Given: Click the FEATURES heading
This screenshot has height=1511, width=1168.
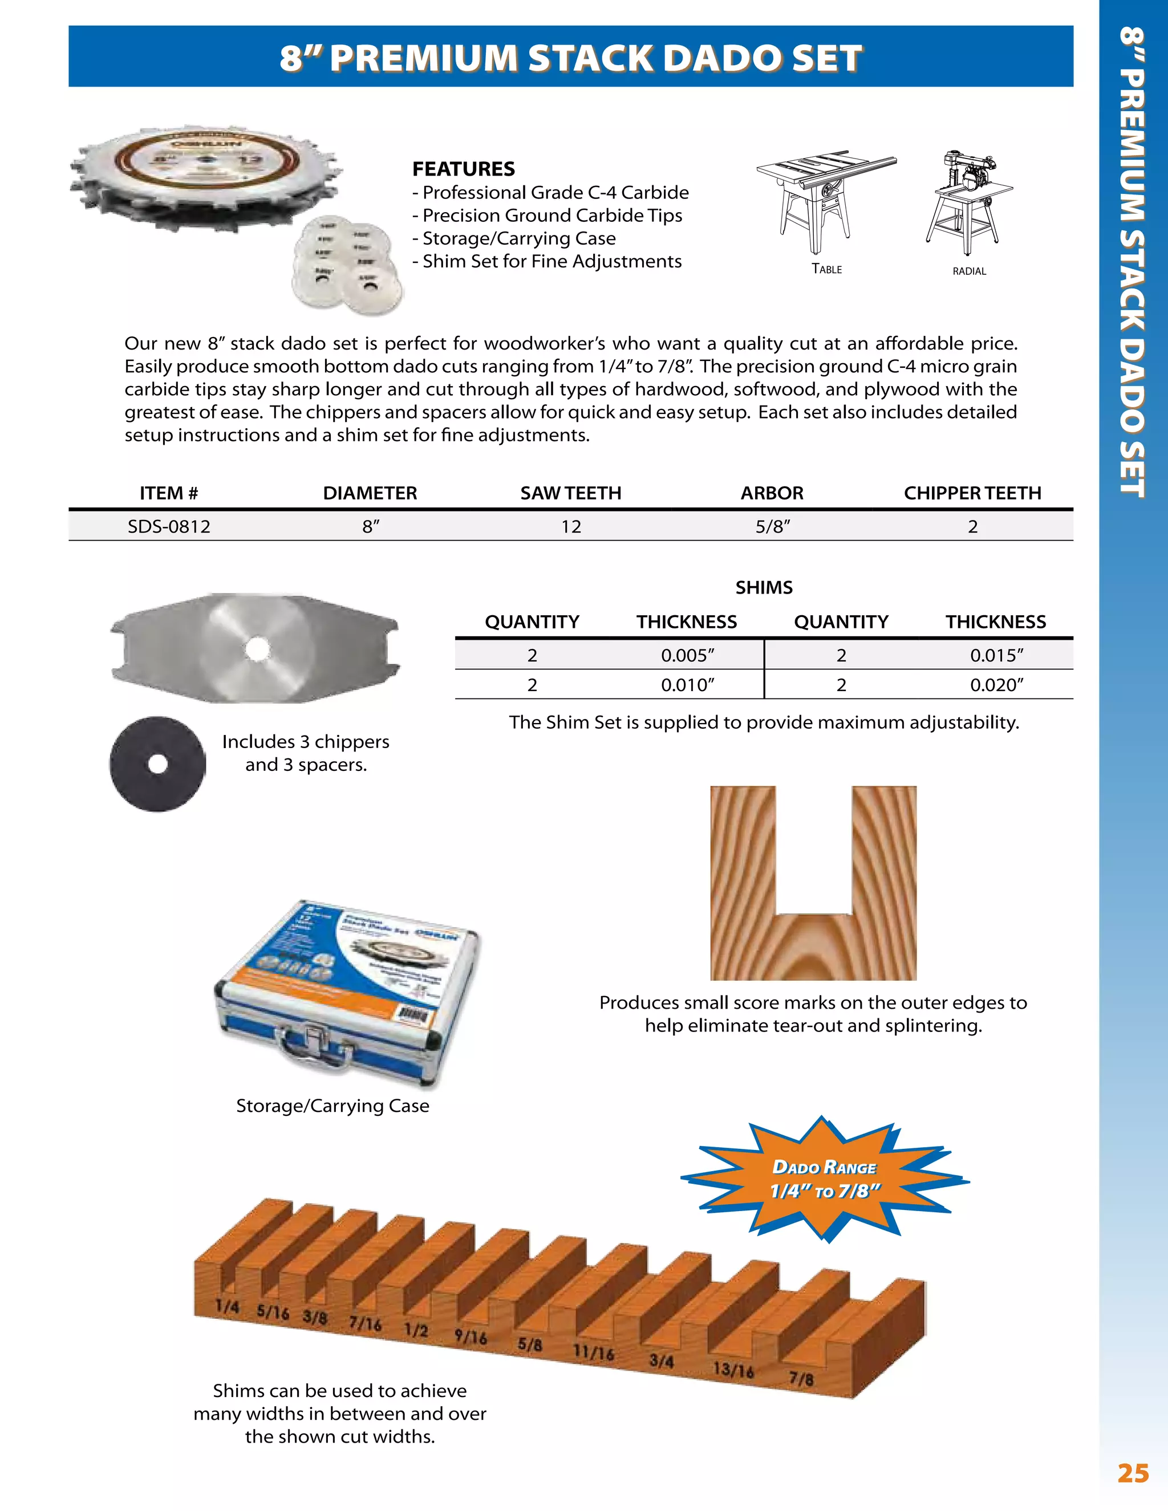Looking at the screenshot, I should [463, 169].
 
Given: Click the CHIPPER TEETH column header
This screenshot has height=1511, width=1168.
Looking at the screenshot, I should [972, 493].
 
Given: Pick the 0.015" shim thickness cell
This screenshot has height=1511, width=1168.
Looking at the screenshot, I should [996, 655].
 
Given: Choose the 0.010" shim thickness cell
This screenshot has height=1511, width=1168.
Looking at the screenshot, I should [687, 685].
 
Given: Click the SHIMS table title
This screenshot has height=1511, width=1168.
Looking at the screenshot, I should [764, 587].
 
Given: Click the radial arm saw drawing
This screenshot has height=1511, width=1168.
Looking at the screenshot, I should [969, 201].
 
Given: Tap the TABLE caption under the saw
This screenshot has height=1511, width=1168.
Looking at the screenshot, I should [827, 269].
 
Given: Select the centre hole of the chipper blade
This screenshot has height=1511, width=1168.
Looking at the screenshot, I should [257, 648].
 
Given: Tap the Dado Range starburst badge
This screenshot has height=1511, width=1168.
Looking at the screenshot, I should [825, 1180].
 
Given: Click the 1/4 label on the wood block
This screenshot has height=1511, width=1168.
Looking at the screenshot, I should [227, 1306].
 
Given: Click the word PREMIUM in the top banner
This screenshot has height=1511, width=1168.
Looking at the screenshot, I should [424, 58].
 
